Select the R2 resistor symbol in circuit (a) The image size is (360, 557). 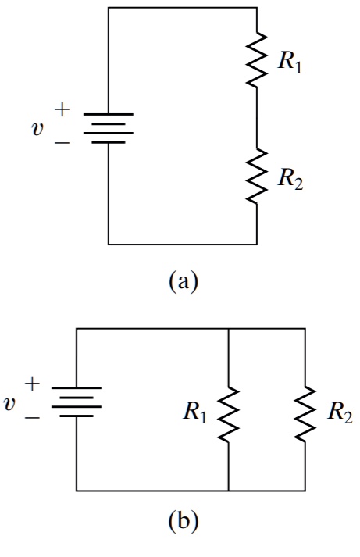(256, 177)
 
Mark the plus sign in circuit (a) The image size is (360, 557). (65, 111)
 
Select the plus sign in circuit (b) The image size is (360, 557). (33, 384)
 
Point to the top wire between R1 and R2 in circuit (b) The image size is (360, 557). (266, 329)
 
